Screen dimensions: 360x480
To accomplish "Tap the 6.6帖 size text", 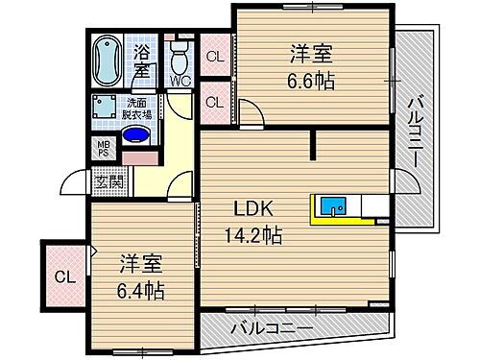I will [310, 82].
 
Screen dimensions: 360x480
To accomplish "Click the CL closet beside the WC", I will [214, 57].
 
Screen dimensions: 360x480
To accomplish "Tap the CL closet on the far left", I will [64, 278].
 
